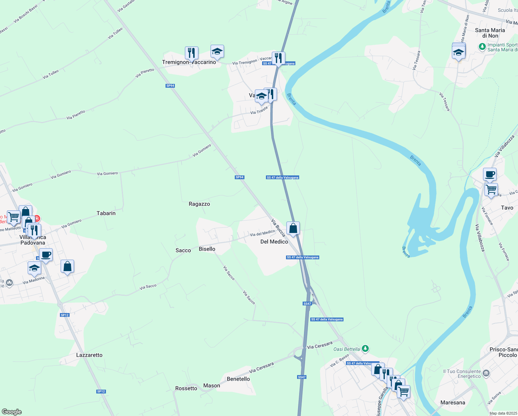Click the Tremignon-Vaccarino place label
[189, 62]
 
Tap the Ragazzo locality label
[199, 204]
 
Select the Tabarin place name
[106, 213]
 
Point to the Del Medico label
[274, 242]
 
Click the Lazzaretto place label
[89, 355]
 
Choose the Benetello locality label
[238, 379]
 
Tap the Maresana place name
[453, 402]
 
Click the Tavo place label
[507, 208]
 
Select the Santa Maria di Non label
[490, 33]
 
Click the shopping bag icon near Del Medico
[293, 228]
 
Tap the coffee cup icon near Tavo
[490, 174]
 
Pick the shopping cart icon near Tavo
[491, 190]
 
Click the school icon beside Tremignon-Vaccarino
[217, 52]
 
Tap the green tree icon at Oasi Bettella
[365, 348]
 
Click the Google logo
[11, 412]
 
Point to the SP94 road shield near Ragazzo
[240, 177]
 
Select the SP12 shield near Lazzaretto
[65, 315]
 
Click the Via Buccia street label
[278, 227]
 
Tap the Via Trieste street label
[259, 111]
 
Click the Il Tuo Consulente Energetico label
[462, 374]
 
